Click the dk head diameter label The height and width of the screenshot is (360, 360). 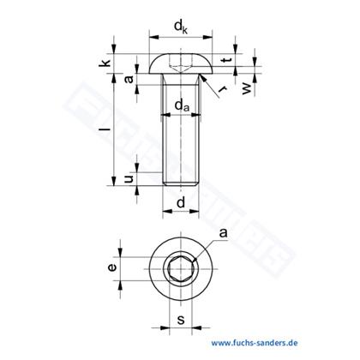coord(181,27)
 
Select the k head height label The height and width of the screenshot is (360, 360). coord(105,63)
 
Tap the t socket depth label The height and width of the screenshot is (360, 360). coord(227,60)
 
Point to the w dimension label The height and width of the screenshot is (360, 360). coord(247,89)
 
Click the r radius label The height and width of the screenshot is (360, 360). coord(222,89)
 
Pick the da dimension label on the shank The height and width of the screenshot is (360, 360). coord(182,105)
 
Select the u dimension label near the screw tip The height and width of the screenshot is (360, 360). coord(129,179)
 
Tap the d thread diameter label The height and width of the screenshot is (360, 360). coord(181,202)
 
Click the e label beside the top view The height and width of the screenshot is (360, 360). coord(112,267)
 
